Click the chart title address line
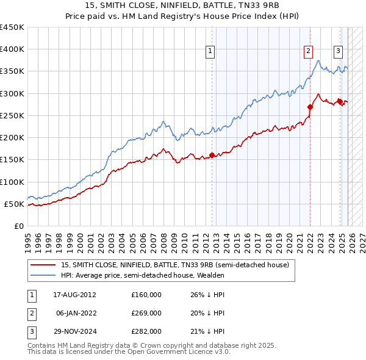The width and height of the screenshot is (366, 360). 182,5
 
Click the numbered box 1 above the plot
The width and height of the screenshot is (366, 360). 210,52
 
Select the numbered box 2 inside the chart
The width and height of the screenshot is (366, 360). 308,52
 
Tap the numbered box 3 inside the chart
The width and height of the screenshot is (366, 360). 338,52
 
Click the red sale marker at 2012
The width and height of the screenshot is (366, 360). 212,155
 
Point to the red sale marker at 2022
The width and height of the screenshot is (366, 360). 310,107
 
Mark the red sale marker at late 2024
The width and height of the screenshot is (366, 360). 340,101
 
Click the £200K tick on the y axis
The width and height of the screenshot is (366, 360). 12,138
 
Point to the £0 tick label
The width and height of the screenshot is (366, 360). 19,226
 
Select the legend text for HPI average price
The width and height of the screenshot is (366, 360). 143,275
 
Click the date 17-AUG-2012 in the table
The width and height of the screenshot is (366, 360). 75,295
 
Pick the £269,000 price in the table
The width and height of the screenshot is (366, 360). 146,313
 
